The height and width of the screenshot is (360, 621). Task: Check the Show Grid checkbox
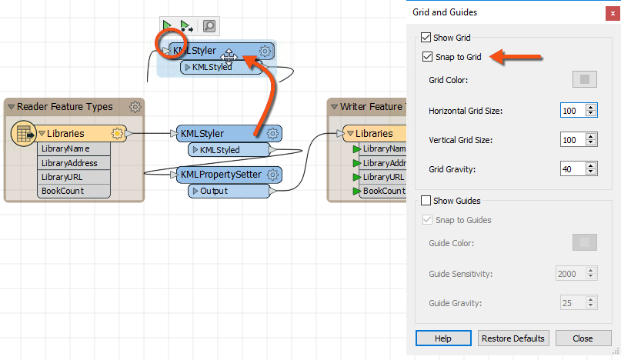(426, 37)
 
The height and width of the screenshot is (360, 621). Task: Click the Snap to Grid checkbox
(427, 57)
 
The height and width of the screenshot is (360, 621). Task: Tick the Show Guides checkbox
(426, 201)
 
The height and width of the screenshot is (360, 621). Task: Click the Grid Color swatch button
(584, 79)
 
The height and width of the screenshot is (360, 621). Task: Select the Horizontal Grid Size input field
(573, 111)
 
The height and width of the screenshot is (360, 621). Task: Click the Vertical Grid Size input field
(573, 140)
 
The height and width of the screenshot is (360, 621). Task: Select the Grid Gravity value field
(573, 169)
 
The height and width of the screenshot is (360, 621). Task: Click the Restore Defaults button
(513, 338)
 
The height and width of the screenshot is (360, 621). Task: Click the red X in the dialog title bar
(611, 12)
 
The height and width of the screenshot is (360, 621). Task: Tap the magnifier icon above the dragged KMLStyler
(209, 27)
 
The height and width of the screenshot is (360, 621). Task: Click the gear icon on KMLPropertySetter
(272, 175)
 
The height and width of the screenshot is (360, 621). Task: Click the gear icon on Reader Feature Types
(135, 107)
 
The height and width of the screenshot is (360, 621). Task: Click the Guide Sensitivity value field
(573, 274)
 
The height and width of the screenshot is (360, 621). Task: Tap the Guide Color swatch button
(584, 243)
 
